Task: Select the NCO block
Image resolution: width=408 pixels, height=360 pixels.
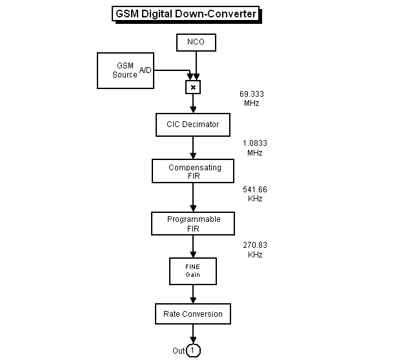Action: click(x=196, y=43)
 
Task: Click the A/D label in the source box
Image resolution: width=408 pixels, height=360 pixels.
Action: click(x=145, y=70)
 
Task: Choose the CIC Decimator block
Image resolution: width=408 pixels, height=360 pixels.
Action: click(x=193, y=125)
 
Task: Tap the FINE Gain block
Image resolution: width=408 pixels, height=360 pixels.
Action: click(x=193, y=270)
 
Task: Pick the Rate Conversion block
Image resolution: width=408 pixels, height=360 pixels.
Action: click(x=193, y=314)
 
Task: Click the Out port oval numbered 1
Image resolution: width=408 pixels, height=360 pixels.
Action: click(x=193, y=350)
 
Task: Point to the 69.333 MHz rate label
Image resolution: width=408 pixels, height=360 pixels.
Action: click(x=251, y=98)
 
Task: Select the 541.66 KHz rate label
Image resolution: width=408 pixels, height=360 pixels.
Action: click(x=254, y=194)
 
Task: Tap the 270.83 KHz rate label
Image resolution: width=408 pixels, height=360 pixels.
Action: click(x=254, y=250)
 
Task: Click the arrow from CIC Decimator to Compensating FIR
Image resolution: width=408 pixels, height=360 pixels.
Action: click(x=193, y=148)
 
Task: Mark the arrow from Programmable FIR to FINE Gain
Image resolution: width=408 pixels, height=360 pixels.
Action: click(x=193, y=246)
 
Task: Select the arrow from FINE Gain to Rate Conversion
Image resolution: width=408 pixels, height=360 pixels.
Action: click(x=193, y=294)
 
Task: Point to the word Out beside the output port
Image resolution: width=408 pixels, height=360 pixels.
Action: click(x=178, y=351)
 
